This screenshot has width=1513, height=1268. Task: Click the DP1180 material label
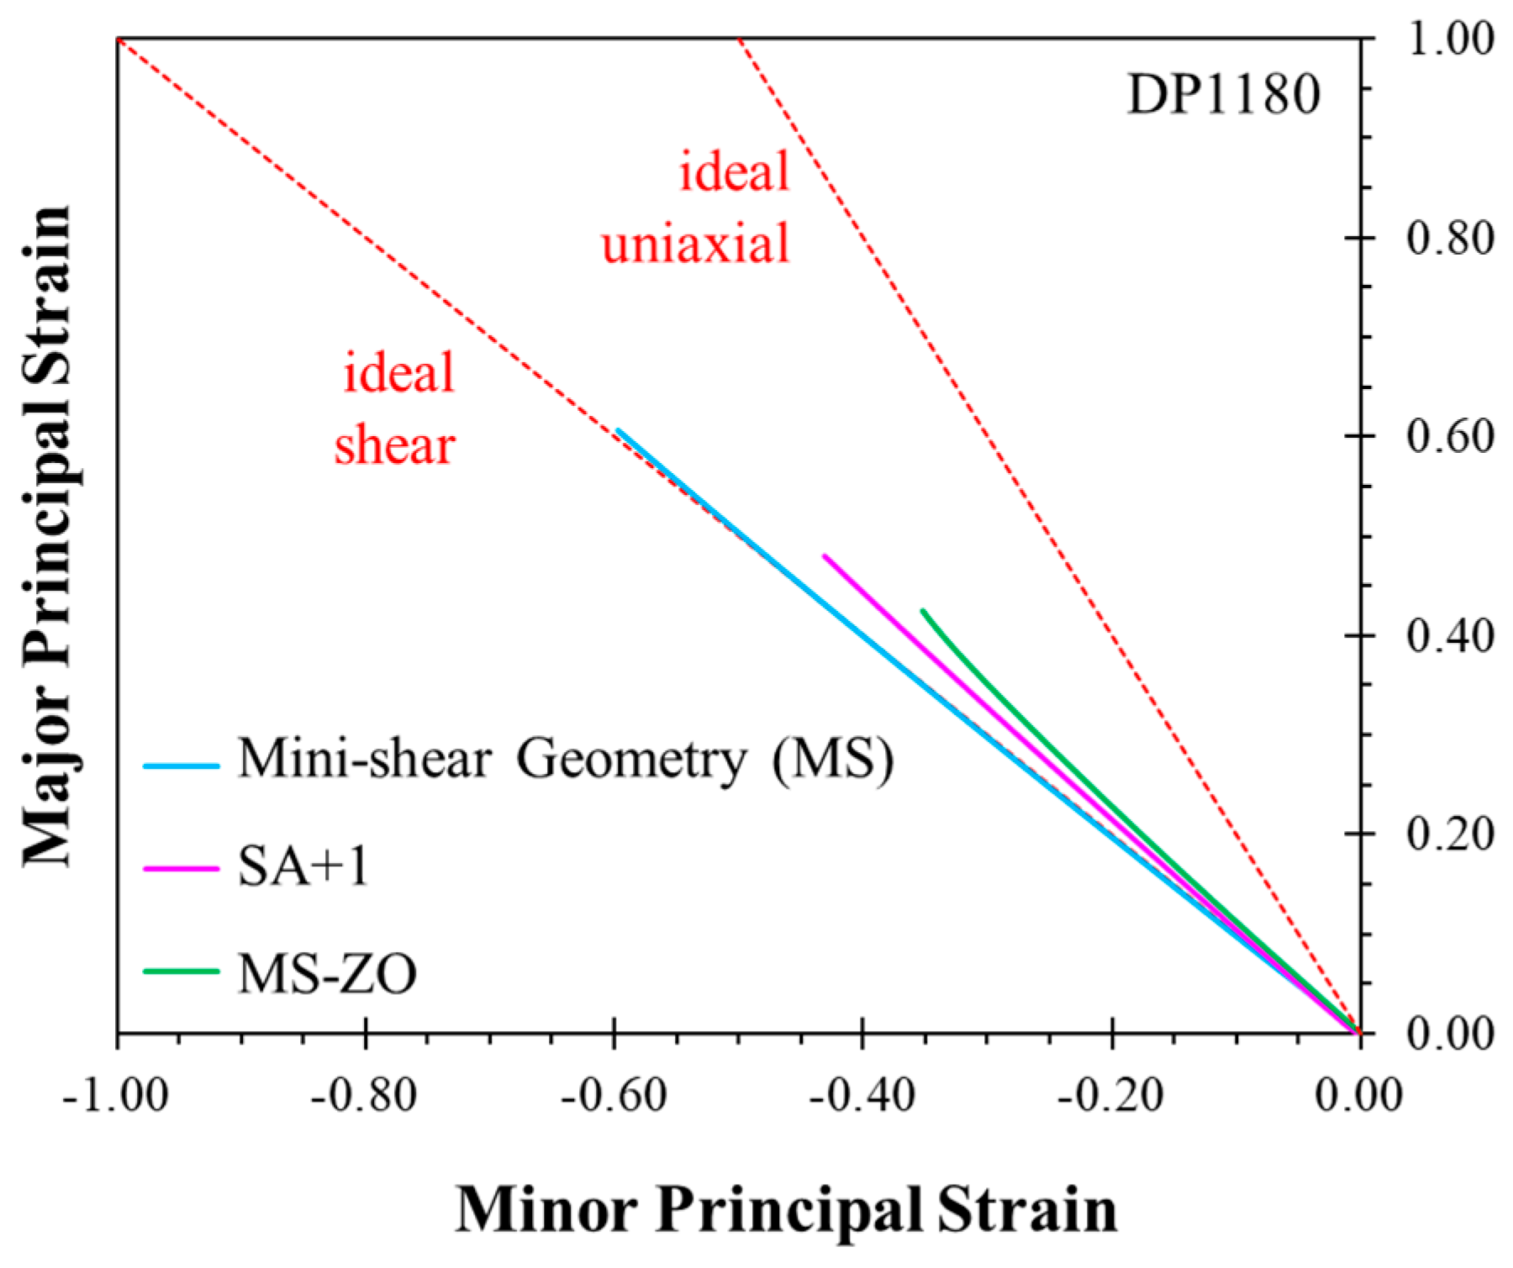1223,94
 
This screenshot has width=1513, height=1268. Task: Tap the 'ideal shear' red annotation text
396,408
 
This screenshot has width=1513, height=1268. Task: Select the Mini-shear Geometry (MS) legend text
565,760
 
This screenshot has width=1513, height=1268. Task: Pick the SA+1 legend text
303,866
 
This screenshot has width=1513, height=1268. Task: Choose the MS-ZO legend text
327,974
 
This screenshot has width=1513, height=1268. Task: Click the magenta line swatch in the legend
181,868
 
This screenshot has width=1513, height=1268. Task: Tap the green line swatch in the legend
181,971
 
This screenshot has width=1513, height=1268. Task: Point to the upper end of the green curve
923,611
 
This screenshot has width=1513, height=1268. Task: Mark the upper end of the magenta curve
825,556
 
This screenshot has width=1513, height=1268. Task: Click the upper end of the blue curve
618,431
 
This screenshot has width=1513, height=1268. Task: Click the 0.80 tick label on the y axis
1450,239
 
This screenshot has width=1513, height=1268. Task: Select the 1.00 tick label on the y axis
1450,39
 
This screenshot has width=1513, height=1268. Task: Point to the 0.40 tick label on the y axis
1450,636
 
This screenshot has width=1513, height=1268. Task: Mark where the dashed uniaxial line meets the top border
740,39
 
